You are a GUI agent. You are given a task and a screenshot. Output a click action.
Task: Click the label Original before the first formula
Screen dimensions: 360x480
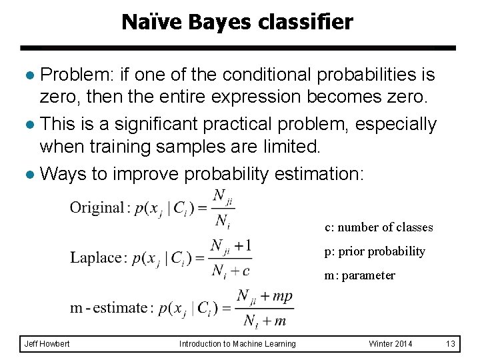coord(97,207)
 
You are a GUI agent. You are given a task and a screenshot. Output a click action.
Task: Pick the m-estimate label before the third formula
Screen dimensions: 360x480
coord(108,308)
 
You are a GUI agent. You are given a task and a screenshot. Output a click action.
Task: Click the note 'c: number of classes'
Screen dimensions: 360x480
coord(379,227)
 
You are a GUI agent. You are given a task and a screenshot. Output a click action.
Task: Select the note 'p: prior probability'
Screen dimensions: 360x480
coord(375,251)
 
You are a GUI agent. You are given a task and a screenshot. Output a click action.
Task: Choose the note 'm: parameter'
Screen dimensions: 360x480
coord(360,275)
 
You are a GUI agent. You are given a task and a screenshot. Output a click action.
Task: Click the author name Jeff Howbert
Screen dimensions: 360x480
coord(47,343)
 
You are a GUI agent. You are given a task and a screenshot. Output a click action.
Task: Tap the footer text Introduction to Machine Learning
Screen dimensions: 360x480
coord(237,343)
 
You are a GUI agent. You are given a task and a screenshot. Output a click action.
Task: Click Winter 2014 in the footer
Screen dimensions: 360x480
coord(391,343)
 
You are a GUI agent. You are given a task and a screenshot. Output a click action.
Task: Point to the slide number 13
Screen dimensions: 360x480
coord(451,343)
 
